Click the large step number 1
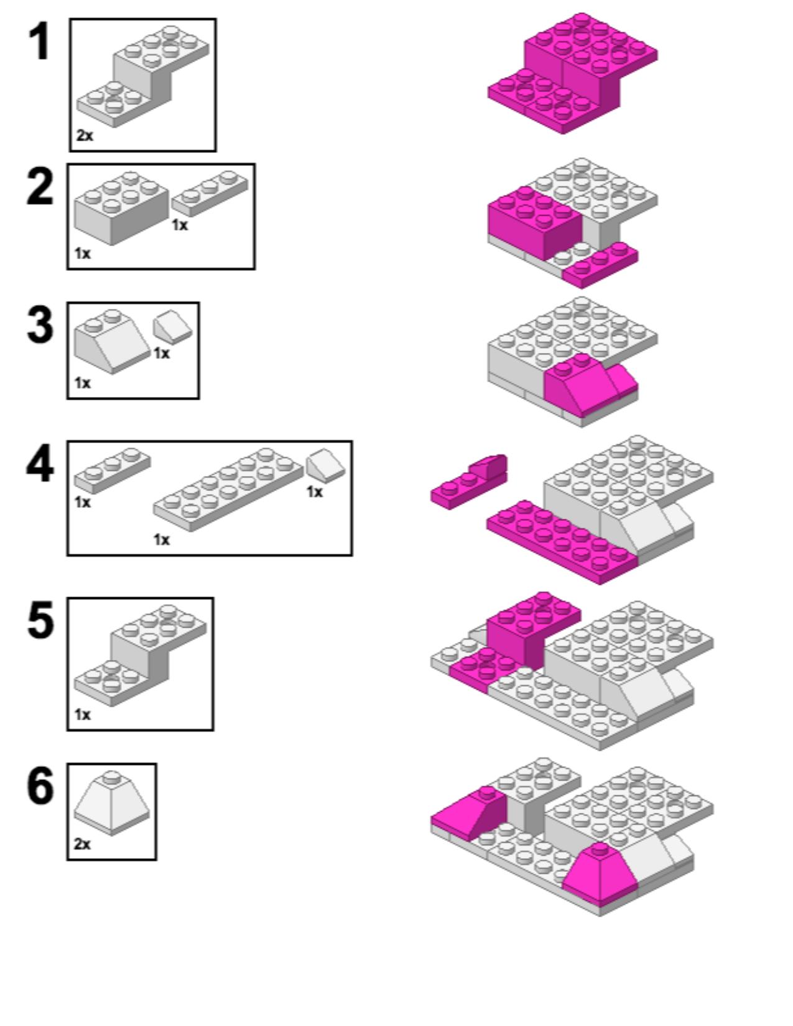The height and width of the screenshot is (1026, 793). pos(40,42)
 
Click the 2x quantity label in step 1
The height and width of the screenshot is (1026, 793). pos(85,135)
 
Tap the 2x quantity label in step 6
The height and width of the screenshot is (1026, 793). pos(82,843)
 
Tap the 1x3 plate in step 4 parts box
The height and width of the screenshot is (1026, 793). pos(112,470)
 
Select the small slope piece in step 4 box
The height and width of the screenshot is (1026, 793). pos(324,464)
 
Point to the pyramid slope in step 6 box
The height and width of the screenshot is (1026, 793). pos(111,805)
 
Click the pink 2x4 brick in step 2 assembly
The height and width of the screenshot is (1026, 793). pos(534,222)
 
